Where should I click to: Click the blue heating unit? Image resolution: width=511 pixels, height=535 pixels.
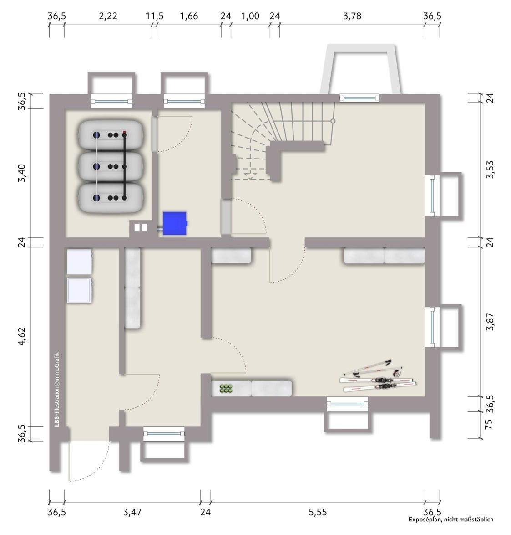tap(175, 223)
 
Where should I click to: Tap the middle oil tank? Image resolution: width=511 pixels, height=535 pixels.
tap(111, 166)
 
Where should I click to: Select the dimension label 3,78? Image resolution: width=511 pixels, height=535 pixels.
tap(352, 16)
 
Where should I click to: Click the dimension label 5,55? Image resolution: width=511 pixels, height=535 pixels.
tap(318, 512)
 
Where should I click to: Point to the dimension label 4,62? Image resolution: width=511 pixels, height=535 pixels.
tap(22, 336)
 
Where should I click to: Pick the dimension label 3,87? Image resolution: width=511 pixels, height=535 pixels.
tap(490, 322)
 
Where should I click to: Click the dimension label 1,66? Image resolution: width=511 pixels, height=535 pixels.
tap(189, 16)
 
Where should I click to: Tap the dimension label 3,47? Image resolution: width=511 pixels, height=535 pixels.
tap(132, 512)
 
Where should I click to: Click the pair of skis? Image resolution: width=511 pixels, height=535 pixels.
tap(378, 377)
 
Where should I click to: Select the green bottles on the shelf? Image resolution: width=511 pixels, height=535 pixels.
tap(226, 388)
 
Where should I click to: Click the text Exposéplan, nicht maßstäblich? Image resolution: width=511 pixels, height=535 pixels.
tap(451, 520)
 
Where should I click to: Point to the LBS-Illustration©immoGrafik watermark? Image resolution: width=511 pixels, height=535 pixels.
tap(57, 389)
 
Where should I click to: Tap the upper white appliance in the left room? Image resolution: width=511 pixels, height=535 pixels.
tap(80, 262)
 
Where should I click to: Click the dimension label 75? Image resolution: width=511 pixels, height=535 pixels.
tap(489, 424)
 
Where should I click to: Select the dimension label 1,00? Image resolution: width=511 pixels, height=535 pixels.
tap(250, 16)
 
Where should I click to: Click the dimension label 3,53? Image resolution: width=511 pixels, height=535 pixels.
tap(490, 170)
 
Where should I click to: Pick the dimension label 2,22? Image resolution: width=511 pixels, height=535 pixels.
tap(108, 16)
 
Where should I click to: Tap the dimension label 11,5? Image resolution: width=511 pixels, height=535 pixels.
tap(155, 16)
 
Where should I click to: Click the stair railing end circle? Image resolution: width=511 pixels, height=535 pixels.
tap(333, 121)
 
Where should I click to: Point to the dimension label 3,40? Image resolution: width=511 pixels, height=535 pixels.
tap(22, 173)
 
